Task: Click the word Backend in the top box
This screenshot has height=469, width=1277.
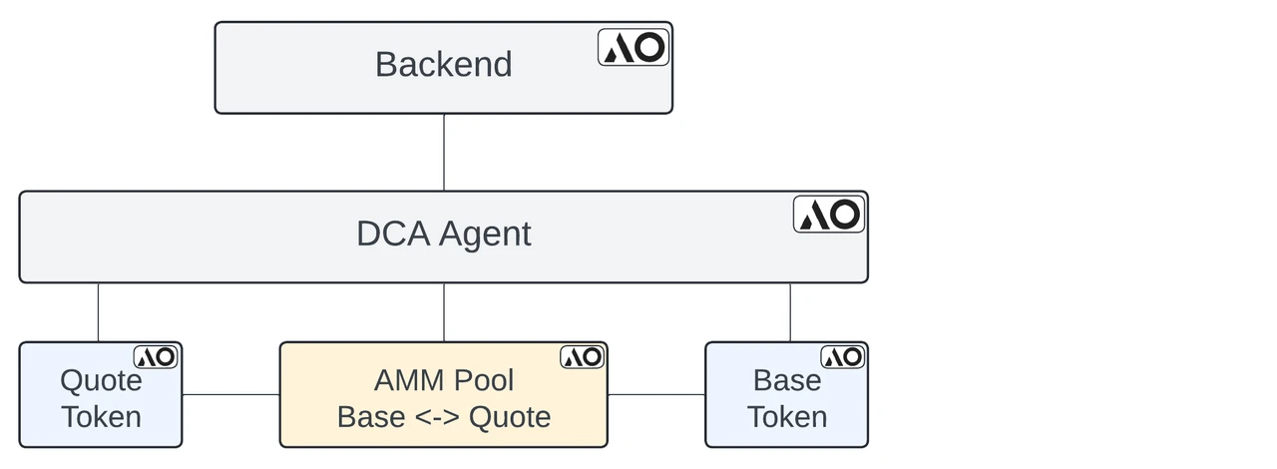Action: [443, 65]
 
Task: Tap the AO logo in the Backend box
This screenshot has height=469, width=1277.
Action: [634, 47]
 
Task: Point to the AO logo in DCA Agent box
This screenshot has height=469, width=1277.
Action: [829, 215]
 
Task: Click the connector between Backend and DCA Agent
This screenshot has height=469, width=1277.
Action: [444, 152]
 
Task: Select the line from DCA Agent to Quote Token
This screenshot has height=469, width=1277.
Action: [98, 312]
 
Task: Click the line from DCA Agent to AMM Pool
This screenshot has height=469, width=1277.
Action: [444, 312]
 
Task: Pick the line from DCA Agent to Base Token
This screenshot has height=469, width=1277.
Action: [790, 312]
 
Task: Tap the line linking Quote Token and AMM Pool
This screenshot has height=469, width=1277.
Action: [230, 394]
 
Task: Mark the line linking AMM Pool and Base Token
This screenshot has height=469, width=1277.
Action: [655, 394]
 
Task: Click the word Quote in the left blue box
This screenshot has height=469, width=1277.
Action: [101, 380]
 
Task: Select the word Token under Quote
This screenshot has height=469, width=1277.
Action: [101, 416]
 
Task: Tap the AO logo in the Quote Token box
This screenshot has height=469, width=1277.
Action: [156, 357]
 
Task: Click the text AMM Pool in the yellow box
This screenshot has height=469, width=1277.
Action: [444, 380]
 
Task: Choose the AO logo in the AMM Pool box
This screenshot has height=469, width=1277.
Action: [582, 357]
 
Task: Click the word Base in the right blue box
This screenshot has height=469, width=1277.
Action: [787, 380]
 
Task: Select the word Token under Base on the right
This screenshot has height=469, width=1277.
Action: [787, 416]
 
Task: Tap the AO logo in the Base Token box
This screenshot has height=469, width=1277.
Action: [843, 357]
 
